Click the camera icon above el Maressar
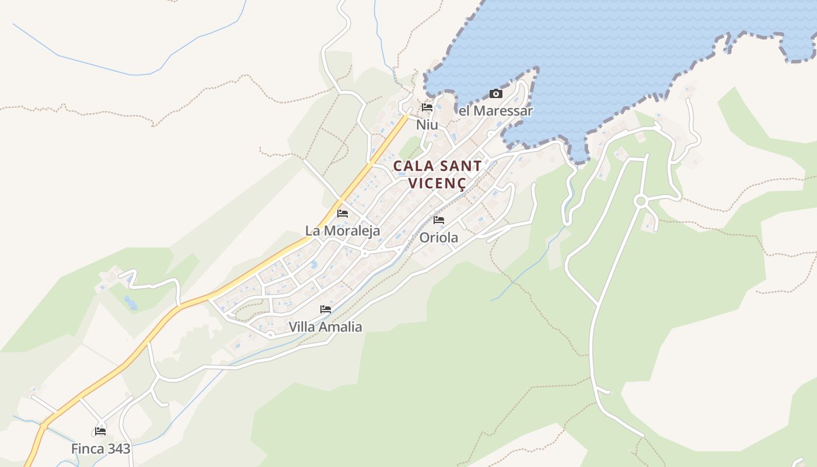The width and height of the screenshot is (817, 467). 495,93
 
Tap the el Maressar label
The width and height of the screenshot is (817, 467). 495,110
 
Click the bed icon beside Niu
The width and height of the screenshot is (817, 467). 427,107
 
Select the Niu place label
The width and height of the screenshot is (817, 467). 427,125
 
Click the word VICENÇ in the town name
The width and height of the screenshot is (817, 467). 437,183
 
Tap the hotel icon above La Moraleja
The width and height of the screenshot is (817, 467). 343,213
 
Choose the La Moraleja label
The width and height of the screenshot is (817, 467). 343,231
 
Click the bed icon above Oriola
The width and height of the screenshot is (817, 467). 439,220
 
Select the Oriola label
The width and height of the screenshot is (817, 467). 439,238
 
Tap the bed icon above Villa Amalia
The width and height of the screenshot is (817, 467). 326,309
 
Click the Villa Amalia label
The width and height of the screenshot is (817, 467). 326,327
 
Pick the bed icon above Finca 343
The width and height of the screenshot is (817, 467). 100,431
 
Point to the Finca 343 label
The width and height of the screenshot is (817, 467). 101,449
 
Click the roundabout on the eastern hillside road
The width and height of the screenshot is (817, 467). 641,201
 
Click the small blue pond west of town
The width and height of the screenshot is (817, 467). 130,302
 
